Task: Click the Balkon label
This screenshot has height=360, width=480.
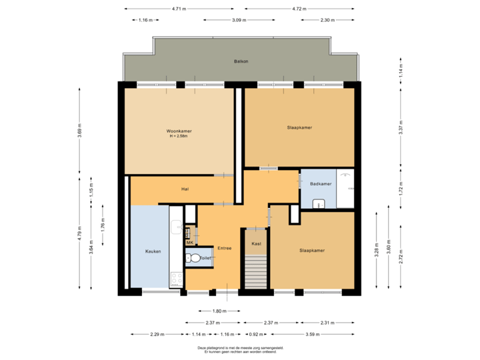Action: coord(241,61)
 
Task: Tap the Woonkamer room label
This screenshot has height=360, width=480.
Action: coord(179,131)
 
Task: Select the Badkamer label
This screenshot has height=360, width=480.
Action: coord(321,184)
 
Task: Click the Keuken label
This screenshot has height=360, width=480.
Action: coord(153,251)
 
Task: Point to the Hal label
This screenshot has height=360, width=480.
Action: coord(185,189)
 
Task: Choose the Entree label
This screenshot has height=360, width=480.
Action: coord(223,249)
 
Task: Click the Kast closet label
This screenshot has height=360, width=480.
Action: coord(256,244)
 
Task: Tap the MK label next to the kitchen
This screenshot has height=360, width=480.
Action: coord(189,243)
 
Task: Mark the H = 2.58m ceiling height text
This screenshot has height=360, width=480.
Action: coord(179,137)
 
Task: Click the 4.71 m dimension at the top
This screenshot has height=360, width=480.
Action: coord(179,9)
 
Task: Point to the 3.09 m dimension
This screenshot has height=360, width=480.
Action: coord(239,21)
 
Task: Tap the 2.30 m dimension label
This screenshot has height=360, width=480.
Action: coord(327,21)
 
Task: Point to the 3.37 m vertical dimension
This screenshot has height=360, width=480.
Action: coord(401,131)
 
